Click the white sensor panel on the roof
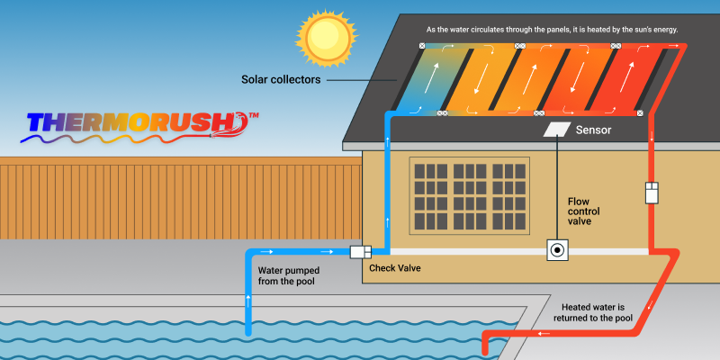pos(558,130)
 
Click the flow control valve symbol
pos(558,250)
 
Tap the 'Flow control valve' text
pos(583,212)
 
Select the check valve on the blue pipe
pos(362,252)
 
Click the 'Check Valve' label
pos(394,268)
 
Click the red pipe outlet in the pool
pos(487,346)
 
